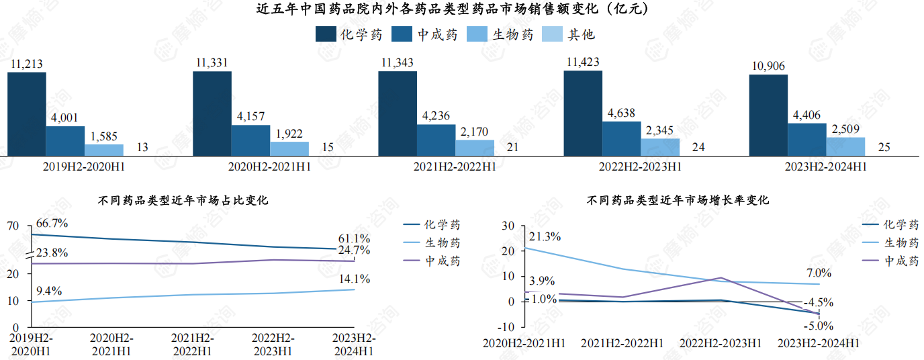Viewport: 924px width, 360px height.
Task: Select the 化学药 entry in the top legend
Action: click(x=349, y=34)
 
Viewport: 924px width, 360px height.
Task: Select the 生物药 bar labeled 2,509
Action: click(x=845, y=146)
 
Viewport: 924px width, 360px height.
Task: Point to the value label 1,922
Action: click(x=289, y=133)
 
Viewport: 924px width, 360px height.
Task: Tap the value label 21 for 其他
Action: click(x=513, y=148)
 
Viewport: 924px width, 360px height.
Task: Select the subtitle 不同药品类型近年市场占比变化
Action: click(x=183, y=199)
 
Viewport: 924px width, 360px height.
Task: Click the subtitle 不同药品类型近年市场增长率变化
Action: click(x=678, y=199)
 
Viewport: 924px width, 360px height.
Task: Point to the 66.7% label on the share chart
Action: click(x=52, y=223)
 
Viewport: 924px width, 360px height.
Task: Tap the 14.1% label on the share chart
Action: click(x=354, y=279)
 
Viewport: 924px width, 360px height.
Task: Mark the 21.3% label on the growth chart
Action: click(x=545, y=236)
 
